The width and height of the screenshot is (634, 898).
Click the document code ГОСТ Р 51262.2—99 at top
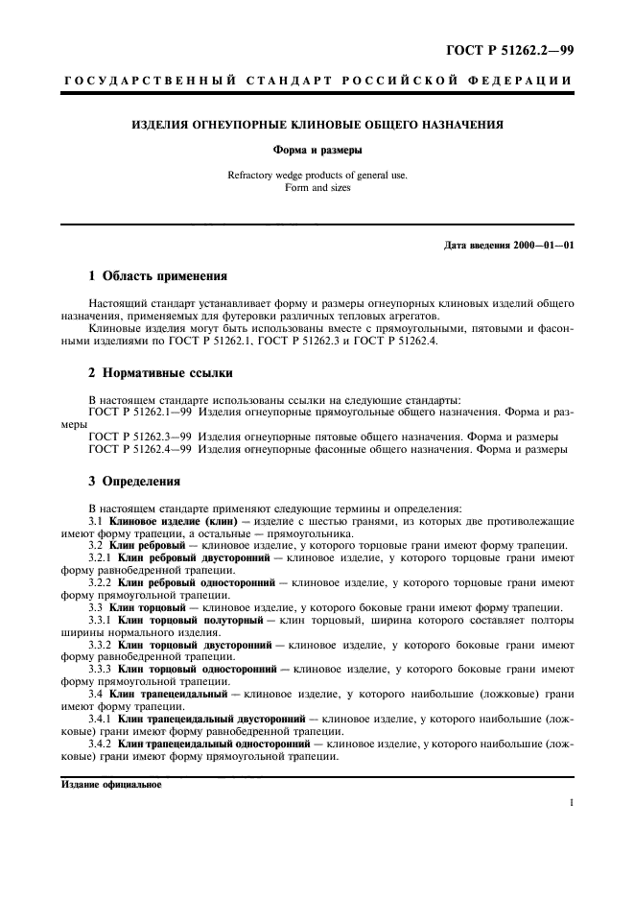518,48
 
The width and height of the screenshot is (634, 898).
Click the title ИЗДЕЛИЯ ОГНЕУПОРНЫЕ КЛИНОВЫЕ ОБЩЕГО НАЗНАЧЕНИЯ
317,125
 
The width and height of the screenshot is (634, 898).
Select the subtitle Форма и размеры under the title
317,150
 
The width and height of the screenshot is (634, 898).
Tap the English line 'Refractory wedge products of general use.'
317,177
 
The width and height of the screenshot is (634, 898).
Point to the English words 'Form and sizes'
317,188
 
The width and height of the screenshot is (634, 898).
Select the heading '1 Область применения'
157,276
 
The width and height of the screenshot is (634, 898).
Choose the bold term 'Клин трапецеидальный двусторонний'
210,717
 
